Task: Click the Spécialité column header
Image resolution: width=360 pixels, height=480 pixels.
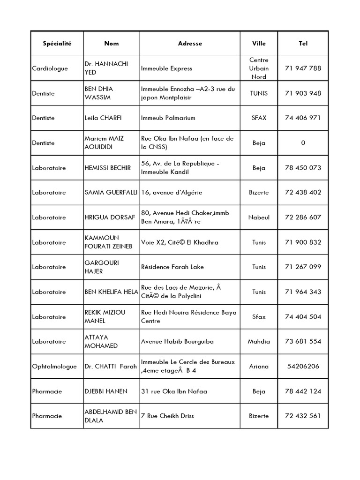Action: click(57, 44)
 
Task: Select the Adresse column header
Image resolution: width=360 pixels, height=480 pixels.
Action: click(190, 44)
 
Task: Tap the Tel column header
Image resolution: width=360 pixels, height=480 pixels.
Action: click(303, 44)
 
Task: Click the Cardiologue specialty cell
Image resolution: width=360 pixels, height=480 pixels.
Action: click(50, 68)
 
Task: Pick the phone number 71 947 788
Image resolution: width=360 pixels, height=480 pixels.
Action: click(303, 68)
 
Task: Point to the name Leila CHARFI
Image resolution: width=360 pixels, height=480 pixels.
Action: click(103, 118)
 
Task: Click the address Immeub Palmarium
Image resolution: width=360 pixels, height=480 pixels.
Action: click(168, 118)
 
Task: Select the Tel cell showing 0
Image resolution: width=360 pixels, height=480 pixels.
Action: click(303, 143)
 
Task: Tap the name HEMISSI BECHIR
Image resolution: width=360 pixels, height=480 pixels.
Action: click(107, 168)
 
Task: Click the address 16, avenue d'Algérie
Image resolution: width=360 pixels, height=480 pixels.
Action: click(172, 193)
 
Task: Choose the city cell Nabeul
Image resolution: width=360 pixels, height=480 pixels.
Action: click(259, 217)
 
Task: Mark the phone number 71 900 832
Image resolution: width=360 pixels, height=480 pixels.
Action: click(303, 242)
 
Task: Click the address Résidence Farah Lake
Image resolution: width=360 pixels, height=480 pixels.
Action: click(173, 267)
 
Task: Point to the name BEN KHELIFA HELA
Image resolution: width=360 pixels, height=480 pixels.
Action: click(111, 292)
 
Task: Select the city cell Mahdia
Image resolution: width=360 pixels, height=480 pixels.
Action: click(259, 342)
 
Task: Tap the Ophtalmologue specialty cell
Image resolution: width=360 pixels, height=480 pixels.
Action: click(54, 367)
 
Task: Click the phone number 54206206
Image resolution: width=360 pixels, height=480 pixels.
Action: click(303, 367)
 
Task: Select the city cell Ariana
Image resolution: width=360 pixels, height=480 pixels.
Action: click(259, 367)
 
